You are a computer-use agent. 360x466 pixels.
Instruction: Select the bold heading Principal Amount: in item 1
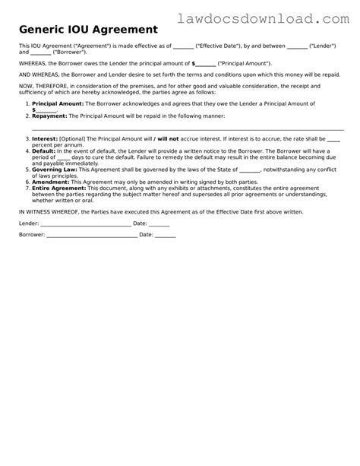click(x=58, y=102)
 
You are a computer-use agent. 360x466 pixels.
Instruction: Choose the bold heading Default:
click(x=45, y=152)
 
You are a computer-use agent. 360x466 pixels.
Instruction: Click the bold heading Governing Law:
click(x=55, y=171)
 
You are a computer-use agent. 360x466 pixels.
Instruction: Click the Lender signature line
click(x=84, y=224)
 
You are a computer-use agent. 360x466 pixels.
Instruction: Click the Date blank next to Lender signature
click(x=159, y=224)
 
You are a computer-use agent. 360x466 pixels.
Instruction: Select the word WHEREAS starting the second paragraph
click(x=33, y=65)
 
